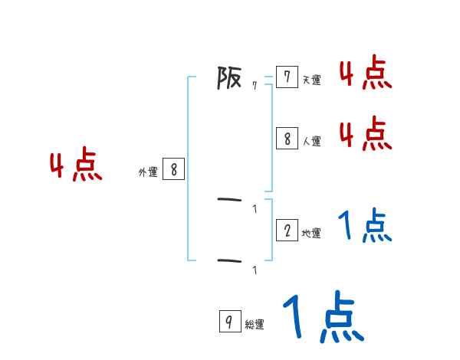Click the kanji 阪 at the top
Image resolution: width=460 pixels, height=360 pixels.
coord(229,77)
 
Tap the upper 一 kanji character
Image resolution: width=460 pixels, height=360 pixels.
coord(229,201)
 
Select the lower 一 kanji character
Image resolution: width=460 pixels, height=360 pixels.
coord(229,261)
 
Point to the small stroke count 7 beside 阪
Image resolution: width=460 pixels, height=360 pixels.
coord(255,86)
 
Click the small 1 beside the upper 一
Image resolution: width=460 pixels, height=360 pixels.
coord(255,209)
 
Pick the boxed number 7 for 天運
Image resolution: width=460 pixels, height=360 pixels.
coord(287,77)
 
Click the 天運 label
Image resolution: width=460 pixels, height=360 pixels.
coord(311,80)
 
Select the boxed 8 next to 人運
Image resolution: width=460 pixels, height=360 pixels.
coord(287,139)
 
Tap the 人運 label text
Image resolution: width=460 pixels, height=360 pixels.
coord(311,141)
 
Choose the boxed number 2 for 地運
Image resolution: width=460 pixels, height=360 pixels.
coord(287,231)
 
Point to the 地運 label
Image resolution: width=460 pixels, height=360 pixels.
coord(311,233)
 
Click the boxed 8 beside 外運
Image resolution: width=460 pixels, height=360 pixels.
coord(173,169)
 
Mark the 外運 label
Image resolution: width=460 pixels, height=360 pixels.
coord(148,172)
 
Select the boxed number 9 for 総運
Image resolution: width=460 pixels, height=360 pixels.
coord(230,322)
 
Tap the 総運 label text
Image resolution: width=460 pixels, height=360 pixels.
coord(255,325)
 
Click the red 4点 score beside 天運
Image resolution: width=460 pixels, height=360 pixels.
coord(366,74)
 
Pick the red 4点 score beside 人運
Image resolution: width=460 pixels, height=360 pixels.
coord(366,135)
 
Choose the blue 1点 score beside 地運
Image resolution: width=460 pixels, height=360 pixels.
coord(366,226)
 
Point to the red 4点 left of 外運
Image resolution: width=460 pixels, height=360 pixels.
coord(76,166)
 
